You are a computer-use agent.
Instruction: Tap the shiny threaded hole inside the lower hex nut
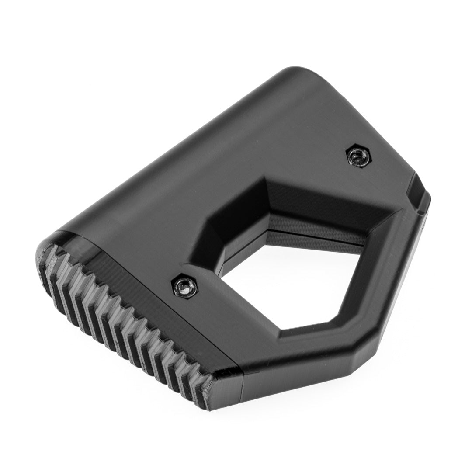click(x=185, y=287)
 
